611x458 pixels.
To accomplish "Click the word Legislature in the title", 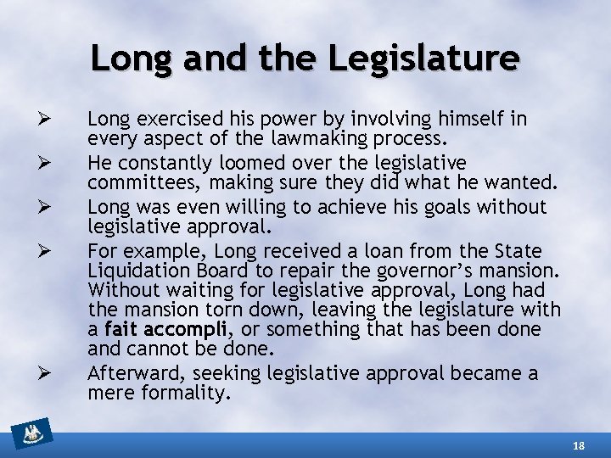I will pos(423,58).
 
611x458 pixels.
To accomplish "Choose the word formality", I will pos(186,394).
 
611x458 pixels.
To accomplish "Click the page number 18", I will pos(579,444).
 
